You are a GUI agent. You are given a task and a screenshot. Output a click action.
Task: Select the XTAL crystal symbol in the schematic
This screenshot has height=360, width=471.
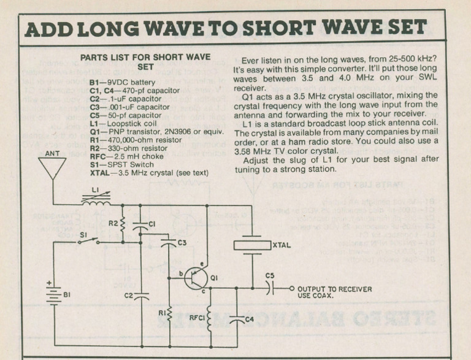253,245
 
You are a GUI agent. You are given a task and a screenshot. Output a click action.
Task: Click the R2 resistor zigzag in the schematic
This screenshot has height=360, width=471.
123,225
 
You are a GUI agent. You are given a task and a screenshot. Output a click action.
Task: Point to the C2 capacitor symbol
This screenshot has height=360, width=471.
141,296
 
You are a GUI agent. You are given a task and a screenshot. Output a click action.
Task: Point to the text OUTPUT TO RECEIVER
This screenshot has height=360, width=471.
334,289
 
